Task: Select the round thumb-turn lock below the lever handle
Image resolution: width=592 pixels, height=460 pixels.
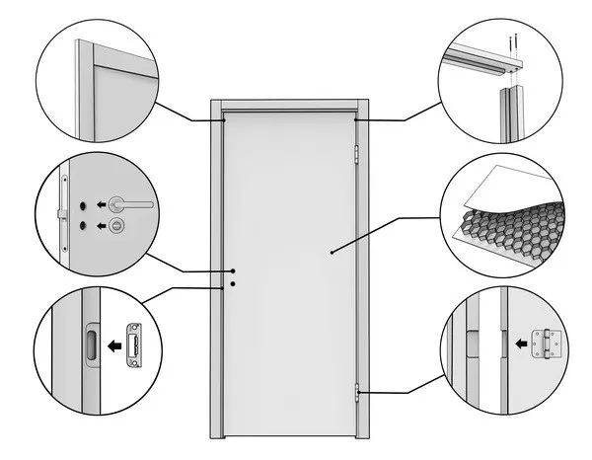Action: pos(118,227)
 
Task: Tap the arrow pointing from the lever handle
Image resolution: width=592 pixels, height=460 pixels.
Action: pos(101,204)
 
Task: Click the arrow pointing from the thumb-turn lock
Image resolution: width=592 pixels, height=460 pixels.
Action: pos(101,227)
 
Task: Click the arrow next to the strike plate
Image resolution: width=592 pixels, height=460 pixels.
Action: pos(113,345)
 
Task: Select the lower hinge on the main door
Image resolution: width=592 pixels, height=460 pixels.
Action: pos(356,393)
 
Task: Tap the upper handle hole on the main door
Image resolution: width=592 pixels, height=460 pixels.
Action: pos(233,271)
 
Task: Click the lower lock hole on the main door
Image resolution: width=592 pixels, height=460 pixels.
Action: pos(233,285)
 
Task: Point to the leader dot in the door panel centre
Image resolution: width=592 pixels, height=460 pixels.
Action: pos(333,253)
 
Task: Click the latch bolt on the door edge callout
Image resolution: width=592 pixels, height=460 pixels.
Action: pos(63,213)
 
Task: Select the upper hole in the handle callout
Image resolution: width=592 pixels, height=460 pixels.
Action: pos(84,204)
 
